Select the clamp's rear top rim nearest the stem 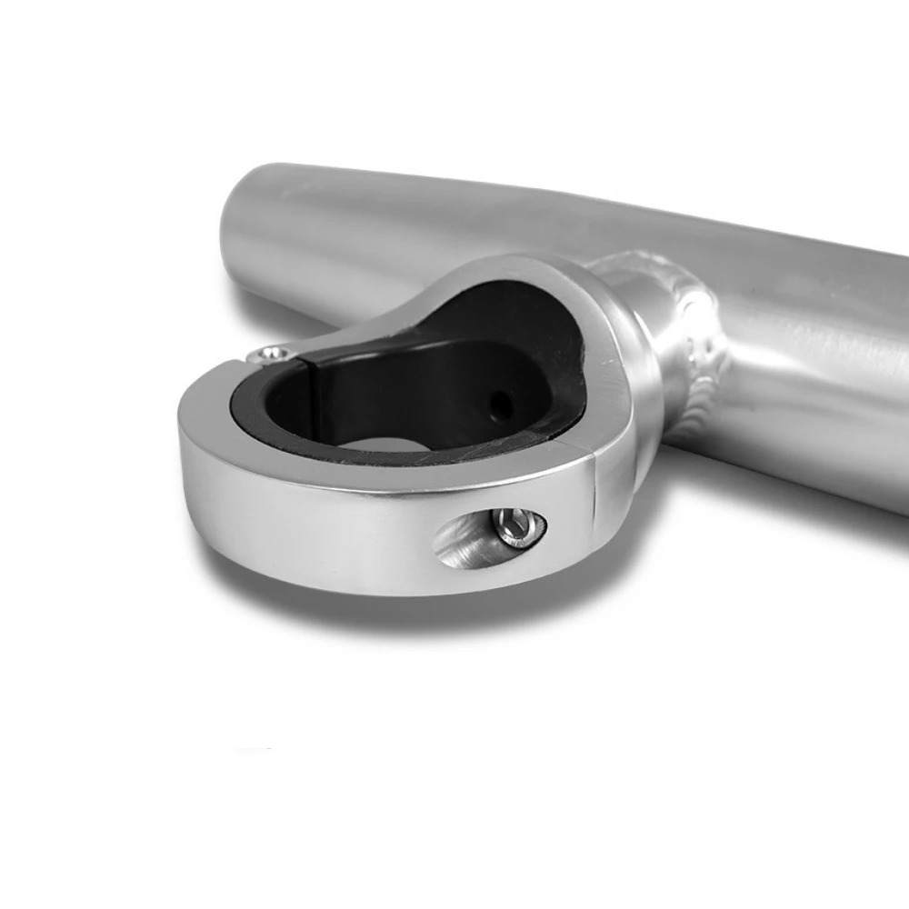click(x=545, y=273)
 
